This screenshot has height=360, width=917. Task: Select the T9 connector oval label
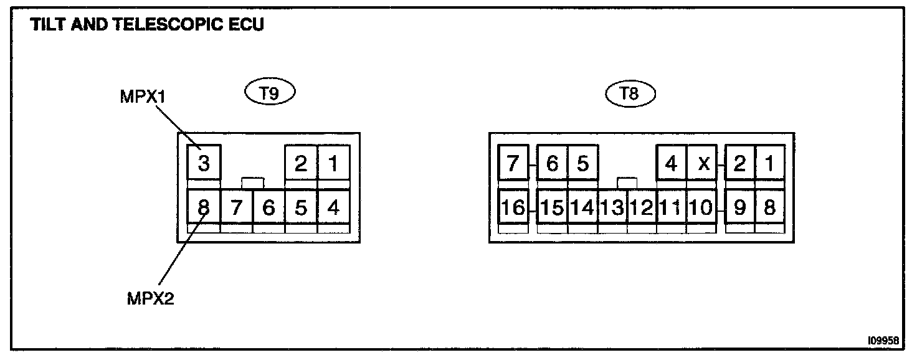point(268,93)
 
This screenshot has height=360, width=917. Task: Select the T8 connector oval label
point(631,93)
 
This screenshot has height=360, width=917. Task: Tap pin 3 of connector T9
point(204,163)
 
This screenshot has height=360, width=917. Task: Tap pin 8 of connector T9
point(204,207)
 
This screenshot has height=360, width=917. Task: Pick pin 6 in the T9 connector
point(268,207)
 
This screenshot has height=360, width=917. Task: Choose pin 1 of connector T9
point(333,163)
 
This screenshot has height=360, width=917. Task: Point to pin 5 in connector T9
point(301,207)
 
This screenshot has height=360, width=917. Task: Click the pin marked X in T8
point(703,163)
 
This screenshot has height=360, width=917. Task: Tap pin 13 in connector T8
point(612,207)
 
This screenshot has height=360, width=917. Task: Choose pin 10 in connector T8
point(702,207)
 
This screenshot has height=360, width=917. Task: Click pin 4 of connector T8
point(672,163)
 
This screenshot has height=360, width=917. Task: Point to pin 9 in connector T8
point(739,207)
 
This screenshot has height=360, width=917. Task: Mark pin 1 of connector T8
point(770,163)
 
